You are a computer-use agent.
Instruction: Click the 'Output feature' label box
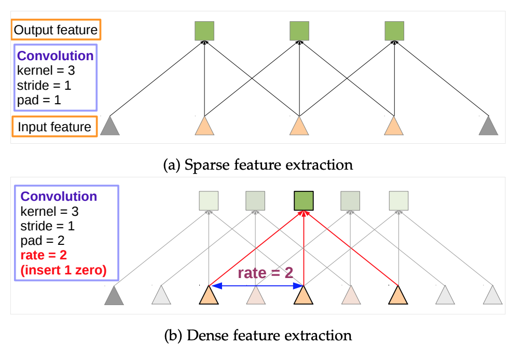point(56,30)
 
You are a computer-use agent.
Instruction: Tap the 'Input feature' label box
point(54,127)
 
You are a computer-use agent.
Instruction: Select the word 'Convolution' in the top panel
point(56,56)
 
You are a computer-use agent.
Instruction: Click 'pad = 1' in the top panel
point(39,100)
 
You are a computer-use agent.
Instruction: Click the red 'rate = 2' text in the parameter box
point(45,255)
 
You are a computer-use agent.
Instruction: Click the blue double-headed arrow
point(256,285)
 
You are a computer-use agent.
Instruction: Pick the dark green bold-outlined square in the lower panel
point(304,200)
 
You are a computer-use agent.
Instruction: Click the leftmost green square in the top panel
point(204,31)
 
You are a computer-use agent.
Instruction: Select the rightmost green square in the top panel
point(394,31)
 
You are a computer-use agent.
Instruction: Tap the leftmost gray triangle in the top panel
point(110,126)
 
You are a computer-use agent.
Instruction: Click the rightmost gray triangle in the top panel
point(489,126)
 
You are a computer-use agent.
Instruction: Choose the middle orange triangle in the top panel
point(299,126)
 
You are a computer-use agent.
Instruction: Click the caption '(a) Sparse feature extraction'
point(257,165)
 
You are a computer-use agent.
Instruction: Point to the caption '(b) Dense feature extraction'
point(257,335)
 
